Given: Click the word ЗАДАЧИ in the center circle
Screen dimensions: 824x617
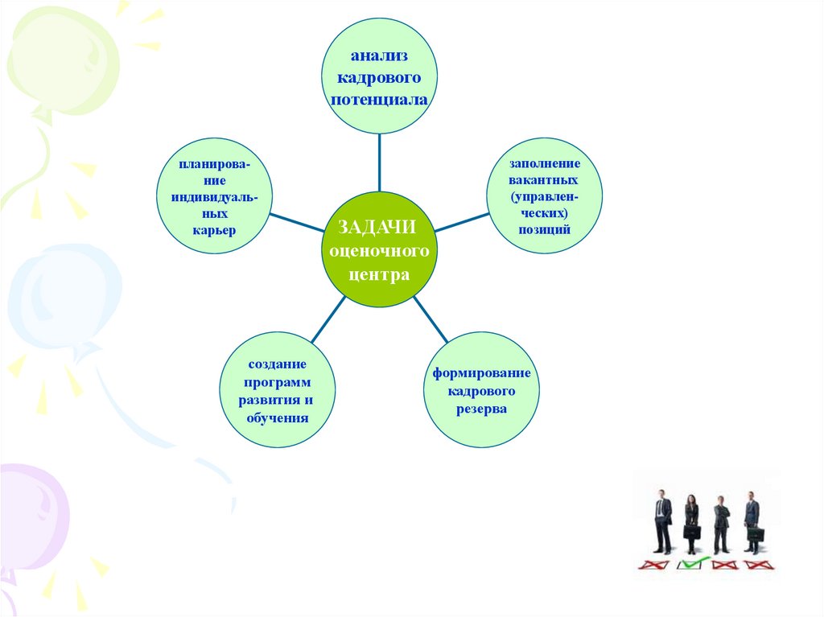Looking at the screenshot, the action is tap(377, 227).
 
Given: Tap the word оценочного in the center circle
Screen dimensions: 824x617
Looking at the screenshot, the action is tap(379, 251).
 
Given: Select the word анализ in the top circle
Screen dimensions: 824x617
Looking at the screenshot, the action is tap(379, 56).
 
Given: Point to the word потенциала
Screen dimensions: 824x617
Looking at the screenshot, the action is tap(379, 100).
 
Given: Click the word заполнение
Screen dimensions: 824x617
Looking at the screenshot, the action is tap(545, 163).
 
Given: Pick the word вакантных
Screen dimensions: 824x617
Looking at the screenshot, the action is tap(543, 179).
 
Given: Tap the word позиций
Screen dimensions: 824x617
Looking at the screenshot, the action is tap(545, 230).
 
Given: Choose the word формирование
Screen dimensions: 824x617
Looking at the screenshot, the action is tap(481, 373).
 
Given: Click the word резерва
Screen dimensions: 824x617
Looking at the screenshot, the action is tap(481, 409).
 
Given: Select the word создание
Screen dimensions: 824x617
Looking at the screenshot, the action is tap(277, 364).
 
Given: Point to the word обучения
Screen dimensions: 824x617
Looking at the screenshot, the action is tap(278, 418).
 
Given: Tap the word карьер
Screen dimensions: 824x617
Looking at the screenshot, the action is tap(214, 230).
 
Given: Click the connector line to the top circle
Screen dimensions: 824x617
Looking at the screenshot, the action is tap(380, 162).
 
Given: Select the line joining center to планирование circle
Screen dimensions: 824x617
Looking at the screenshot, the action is tap(297, 222).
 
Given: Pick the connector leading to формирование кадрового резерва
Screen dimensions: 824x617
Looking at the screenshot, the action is tap(431, 319).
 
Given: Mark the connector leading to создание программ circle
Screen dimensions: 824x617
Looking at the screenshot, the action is tap(328, 319).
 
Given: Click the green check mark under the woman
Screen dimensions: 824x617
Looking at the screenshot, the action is tap(693, 563).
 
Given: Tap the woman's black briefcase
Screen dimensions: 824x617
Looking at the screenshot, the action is tap(691, 532).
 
